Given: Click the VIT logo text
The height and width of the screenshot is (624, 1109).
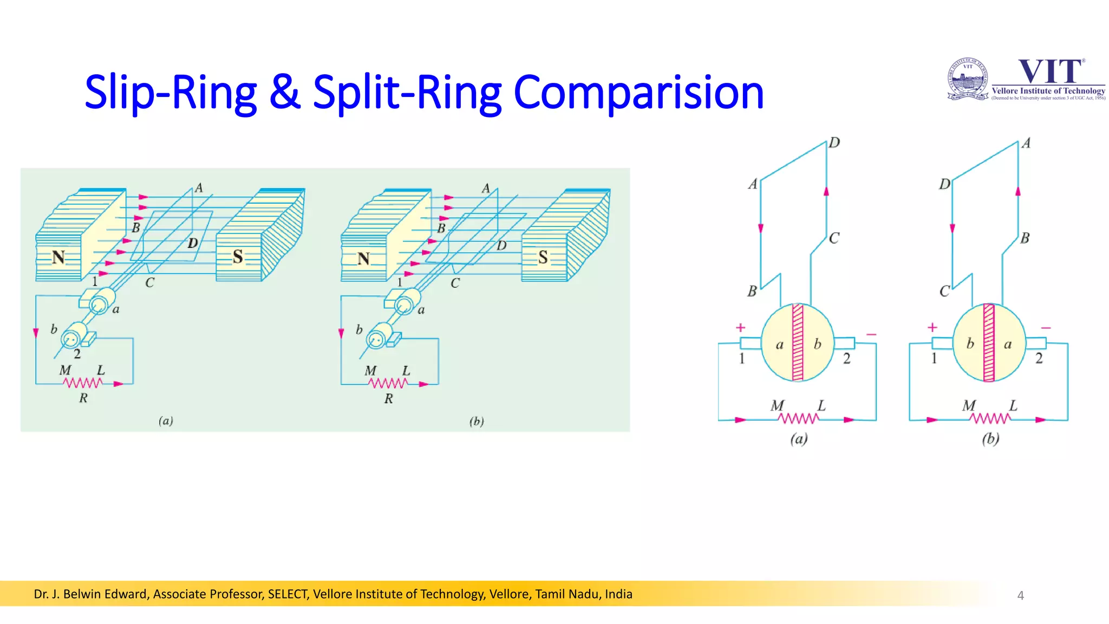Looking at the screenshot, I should [x=1051, y=71].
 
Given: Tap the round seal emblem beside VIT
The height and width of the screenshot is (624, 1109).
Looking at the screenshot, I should [x=968, y=79].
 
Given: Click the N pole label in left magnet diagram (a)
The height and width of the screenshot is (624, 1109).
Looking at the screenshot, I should [x=58, y=257].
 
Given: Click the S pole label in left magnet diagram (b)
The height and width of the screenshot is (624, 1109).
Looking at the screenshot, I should [x=543, y=257].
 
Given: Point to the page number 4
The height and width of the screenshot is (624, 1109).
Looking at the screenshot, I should [x=1020, y=595].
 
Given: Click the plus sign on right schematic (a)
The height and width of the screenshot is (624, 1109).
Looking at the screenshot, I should [x=740, y=328].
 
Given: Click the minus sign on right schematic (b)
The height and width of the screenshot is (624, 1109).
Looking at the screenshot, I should [x=1046, y=328].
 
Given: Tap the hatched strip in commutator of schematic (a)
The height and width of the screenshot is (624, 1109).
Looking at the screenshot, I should [x=798, y=342].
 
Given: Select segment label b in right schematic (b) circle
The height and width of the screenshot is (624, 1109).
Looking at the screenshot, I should [x=970, y=343].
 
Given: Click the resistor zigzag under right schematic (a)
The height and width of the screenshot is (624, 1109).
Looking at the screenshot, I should [x=798, y=419].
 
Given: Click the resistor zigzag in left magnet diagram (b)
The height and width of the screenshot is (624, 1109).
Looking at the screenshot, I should [x=388, y=383].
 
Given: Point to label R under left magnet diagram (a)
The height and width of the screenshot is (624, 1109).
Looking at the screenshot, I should [x=83, y=398].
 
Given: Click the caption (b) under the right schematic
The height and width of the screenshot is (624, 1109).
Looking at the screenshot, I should [x=990, y=438].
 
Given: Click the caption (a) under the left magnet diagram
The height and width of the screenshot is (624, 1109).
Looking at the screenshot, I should [x=166, y=421].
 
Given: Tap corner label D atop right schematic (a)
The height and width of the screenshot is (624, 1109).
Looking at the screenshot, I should [x=834, y=142].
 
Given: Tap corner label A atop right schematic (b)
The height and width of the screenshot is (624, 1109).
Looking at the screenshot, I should [x=1026, y=144].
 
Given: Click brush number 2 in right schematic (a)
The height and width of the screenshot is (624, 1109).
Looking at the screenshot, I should [x=846, y=359].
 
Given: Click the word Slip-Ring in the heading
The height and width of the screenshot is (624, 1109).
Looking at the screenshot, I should [x=171, y=93].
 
